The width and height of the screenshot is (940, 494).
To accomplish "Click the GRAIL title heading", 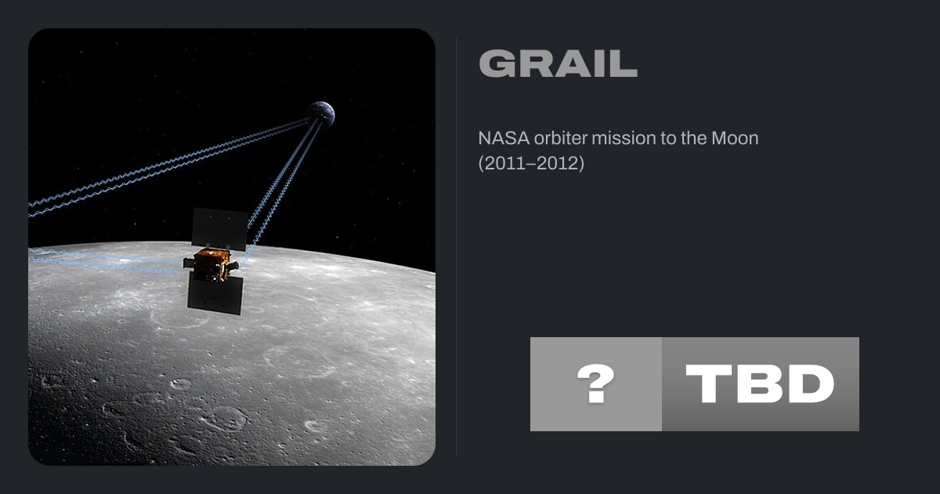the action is click(x=558, y=64).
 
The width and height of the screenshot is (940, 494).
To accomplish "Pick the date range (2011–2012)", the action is click(x=531, y=163).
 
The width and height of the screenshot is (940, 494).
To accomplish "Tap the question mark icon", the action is click(x=596, y=383).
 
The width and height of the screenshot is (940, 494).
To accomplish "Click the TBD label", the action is click(x=760, y=383).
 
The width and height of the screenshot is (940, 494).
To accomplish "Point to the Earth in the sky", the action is click(x=321, y=114).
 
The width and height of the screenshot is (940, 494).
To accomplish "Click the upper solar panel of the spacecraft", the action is click(x=219, y=229).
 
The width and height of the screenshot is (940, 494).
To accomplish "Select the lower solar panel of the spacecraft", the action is click(x=215, y=294).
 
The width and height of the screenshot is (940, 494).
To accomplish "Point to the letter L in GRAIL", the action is click(x=625, y=64).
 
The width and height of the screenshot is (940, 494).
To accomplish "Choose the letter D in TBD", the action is click(x=812, y=383).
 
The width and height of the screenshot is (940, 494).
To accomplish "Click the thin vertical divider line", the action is click(x=456, y=246).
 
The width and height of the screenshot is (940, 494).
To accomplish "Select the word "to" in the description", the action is click(x=667, y=138).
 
